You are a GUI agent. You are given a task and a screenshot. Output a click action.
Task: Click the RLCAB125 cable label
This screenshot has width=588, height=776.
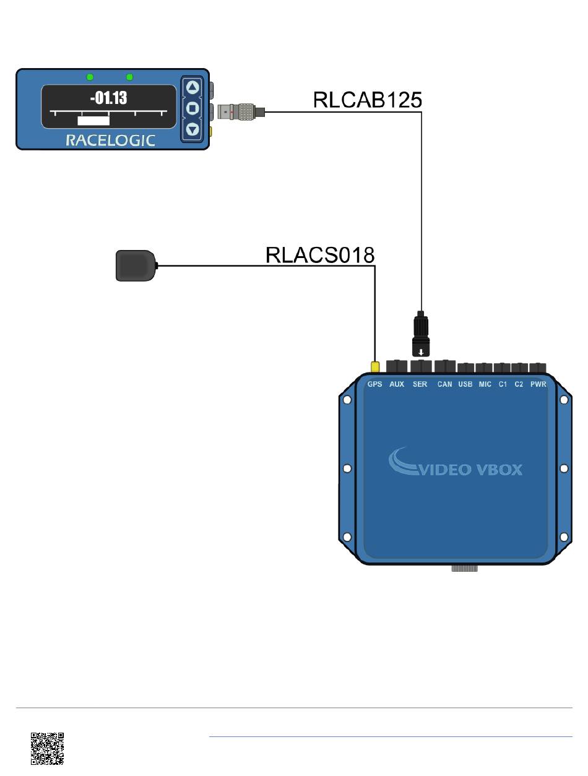coord(368,100)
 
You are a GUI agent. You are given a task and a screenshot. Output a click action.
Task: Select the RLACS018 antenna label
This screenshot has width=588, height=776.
coord(319,255)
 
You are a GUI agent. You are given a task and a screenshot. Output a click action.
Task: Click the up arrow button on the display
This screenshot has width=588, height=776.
coord(192,87)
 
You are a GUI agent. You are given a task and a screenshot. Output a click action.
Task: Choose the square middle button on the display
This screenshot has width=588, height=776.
coord(192,108)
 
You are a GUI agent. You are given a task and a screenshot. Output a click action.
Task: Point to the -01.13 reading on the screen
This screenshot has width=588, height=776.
coord(108,98)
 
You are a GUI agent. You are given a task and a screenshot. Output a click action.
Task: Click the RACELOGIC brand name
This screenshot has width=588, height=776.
coord(110,140)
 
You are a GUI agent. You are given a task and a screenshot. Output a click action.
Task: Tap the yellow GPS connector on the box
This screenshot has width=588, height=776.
coord(375,366)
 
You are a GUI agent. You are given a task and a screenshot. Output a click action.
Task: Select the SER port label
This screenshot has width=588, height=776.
coord(420,384)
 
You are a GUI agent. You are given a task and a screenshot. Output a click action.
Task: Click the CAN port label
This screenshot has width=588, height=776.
coord(444,384)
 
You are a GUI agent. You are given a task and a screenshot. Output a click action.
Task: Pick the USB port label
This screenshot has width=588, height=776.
coord(465,384)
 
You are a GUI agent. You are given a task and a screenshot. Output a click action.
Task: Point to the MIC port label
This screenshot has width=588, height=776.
coord(485,384)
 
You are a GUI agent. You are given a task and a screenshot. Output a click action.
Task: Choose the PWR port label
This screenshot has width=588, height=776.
coord(538,384)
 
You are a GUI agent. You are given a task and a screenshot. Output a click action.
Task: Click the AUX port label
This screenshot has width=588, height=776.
coord(397,384)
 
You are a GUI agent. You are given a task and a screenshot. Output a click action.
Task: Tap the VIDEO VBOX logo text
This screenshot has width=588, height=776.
coord(470,470)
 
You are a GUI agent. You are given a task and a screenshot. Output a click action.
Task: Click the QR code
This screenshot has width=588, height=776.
coord(47,749)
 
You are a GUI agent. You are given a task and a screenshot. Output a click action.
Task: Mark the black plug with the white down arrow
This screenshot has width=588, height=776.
coord(421,334)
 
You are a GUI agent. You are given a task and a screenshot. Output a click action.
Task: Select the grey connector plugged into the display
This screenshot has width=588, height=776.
coord(241,112)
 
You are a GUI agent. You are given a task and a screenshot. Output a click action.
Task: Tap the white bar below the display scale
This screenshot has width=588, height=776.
coord(93,121)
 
